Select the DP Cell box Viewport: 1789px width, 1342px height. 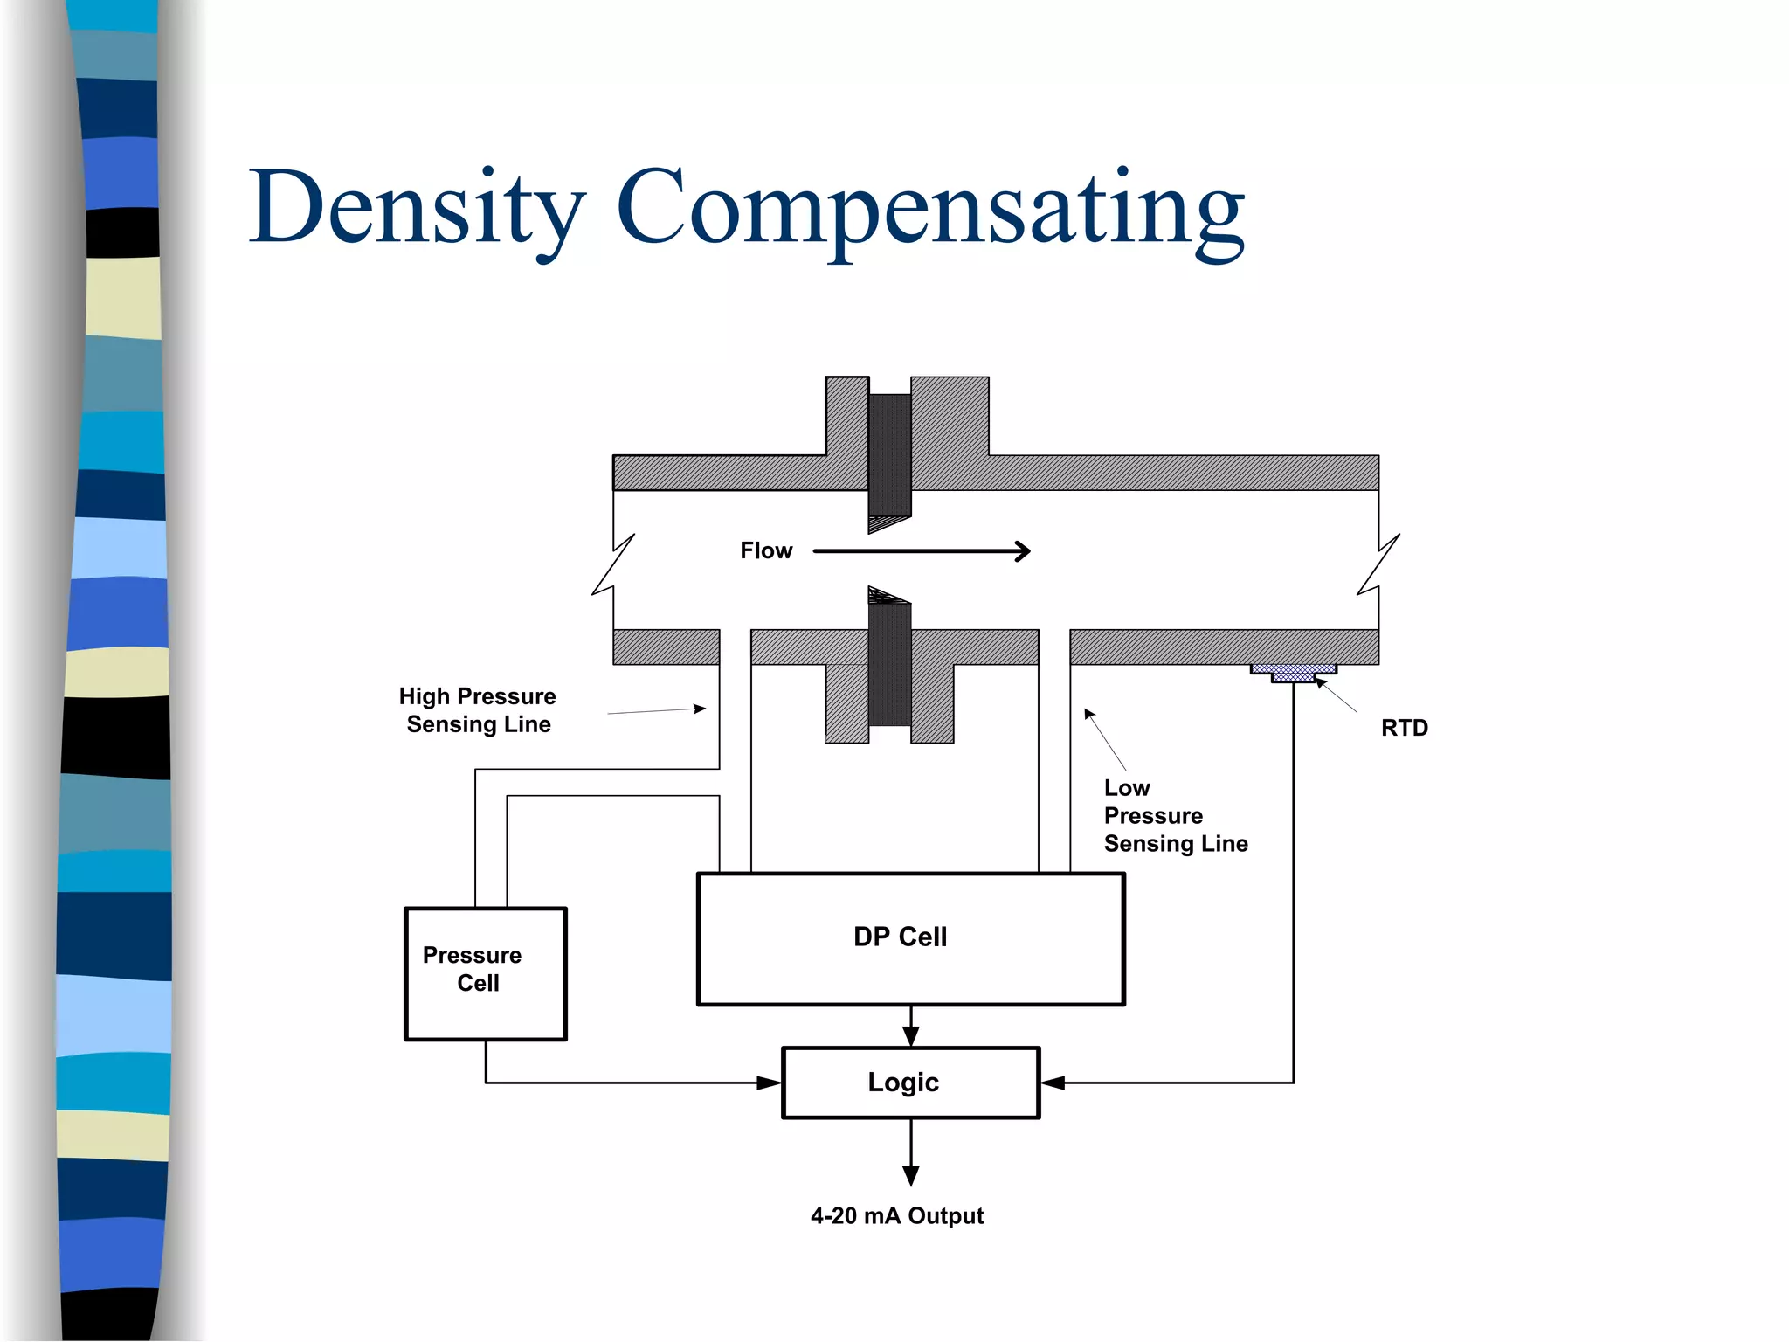910,938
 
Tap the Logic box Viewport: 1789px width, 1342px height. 910,1082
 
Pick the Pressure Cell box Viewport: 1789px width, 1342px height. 485,972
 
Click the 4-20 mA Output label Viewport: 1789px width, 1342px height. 896,1215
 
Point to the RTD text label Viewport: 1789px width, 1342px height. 1404,728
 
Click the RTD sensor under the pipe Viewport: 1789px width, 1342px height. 1293,673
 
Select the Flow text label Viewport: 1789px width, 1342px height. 765,550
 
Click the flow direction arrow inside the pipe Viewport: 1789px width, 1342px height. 922,550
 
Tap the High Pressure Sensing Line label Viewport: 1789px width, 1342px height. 477,709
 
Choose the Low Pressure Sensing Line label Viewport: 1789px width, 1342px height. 1174,815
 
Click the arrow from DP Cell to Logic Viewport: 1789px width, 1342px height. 910,1027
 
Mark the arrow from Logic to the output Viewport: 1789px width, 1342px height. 910,1153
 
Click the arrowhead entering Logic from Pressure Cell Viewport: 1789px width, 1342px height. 769,1083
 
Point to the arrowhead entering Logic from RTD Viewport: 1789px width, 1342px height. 1053,1083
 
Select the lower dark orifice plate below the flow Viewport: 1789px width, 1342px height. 889,660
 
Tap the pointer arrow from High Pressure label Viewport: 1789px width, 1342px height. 657,711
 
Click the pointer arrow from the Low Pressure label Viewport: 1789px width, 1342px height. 1104,739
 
